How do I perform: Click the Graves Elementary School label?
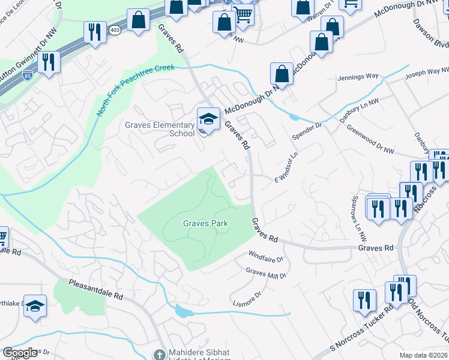point(160,129)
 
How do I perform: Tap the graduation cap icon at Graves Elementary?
point(208,118)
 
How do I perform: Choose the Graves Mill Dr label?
point(267,273)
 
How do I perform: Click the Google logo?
point(20,353)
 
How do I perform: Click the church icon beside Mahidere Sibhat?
point(158,354)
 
